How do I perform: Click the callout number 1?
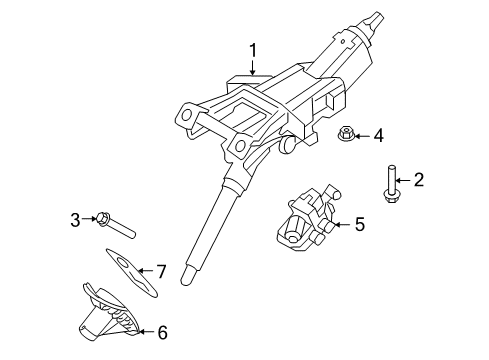254,50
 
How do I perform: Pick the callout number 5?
359,226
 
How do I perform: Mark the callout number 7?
159,271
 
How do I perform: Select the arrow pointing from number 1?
254,68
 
